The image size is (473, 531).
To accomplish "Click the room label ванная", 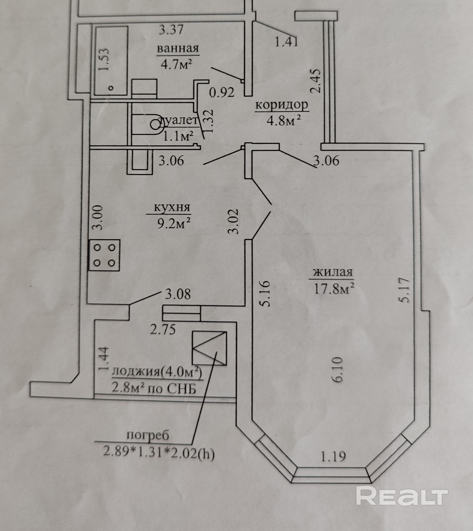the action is pyautogui.click(x=178, y=49).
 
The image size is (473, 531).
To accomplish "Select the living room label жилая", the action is pyautogui.click(x=333, y=272).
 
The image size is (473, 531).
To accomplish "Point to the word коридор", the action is pyautogui.click(x=282, y=105).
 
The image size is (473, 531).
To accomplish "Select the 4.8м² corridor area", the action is pyautogui.click(x=284, y=120).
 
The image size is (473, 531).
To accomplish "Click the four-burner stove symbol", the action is pyautogui.click(x=104, y=255).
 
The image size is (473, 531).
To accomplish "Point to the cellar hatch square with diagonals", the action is pyautogui.click(x=209, y=348).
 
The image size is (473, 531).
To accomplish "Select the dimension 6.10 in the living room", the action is pyautogui.click(x=339, y=369).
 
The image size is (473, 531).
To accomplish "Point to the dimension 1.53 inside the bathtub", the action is pyautogui.click(x=104, y=60).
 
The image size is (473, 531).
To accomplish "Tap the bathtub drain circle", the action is pyautogui.click(x=111, y=88).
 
